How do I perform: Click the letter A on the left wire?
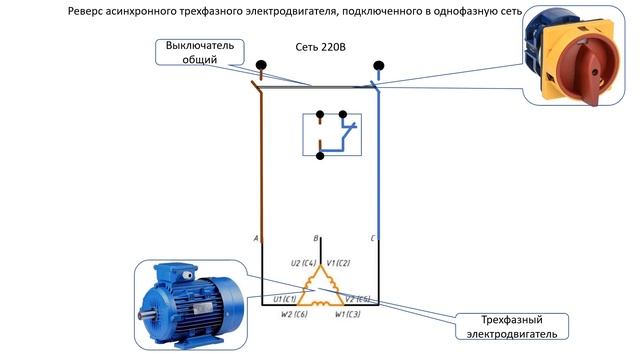[257, 238]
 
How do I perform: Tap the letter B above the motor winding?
[316, 239]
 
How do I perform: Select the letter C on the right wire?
[372, 238]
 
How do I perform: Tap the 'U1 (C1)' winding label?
[284, 298]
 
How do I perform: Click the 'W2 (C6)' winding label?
[293, 314]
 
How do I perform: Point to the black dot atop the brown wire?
[262, 67]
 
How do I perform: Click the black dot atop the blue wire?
[378, 66]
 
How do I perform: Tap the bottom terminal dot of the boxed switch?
[320, 156]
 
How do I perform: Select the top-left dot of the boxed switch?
[319, 115]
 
